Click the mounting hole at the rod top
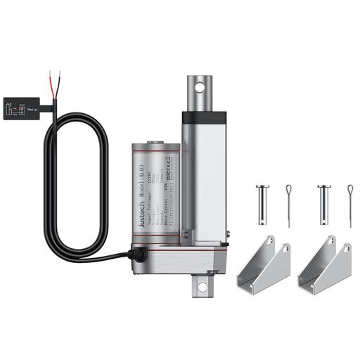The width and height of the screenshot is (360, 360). pyautogui.click(x=199, y=88)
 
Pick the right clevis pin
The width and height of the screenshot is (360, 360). pyautogui.click(x=323, y=202)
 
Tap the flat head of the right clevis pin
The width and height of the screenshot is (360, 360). pyautogui.click(x=323, y=187)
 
